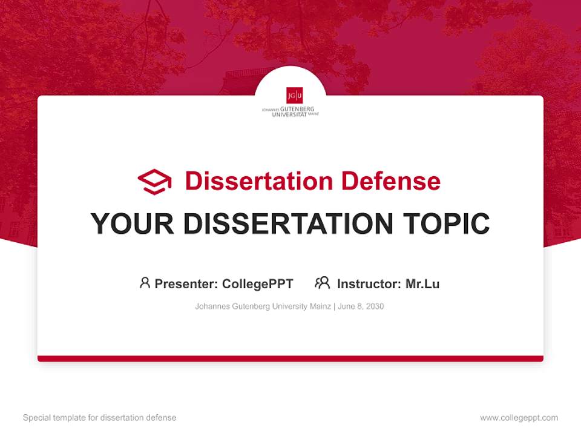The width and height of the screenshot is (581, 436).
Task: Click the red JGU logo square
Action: [x=295, y=95]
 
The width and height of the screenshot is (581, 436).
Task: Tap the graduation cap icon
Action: [x=154, y=182]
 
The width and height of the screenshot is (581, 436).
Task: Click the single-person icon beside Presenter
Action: [x=145, y=283]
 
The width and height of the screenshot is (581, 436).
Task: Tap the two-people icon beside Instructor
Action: [x=322, y=283]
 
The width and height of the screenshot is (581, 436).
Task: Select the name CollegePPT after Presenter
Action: [x=257, y=283]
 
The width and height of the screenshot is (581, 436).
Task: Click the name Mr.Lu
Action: [x=422, y=283]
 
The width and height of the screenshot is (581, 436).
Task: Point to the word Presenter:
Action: [x=186, y=283]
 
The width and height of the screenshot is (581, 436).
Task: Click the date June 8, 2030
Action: [x=361, y=306]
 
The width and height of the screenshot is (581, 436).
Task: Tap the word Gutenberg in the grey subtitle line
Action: [x=249, y=306]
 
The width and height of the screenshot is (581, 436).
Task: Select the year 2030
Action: [x=374, y=306]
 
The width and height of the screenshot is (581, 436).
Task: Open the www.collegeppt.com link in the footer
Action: [x=519, y=418]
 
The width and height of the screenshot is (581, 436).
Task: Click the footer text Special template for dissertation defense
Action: [x=100, y=418]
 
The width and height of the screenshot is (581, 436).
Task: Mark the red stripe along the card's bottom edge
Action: [x=290, y=358]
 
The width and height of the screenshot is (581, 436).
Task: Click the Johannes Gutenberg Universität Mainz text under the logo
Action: [x=290, y=111]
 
